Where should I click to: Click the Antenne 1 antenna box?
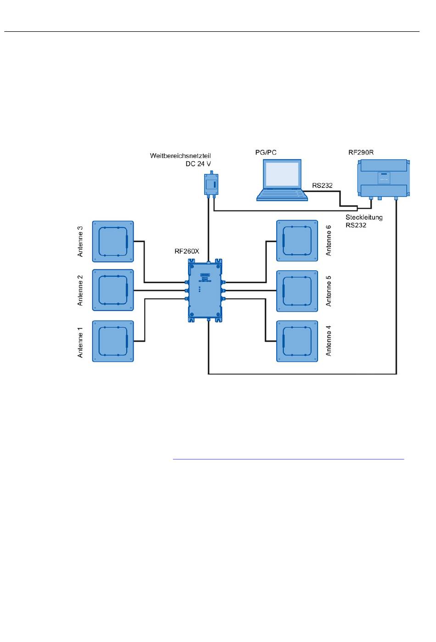113,341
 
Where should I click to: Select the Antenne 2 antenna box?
113,290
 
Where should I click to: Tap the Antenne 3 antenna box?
113,241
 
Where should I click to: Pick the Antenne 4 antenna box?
297,341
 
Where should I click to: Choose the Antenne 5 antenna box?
297,291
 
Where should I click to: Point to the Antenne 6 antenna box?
297,241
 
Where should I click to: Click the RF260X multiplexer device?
205,290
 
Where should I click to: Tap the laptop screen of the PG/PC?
282,175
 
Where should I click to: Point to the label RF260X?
187,251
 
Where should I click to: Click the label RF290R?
361,153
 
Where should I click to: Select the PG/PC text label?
266,153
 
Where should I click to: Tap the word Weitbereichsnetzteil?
180,156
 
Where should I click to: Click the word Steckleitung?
364,217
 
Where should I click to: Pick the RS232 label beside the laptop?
322,186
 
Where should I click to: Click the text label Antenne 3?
80,241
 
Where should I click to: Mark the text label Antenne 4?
328,341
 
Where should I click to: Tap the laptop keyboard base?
282,195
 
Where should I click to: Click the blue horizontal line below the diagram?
288,459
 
